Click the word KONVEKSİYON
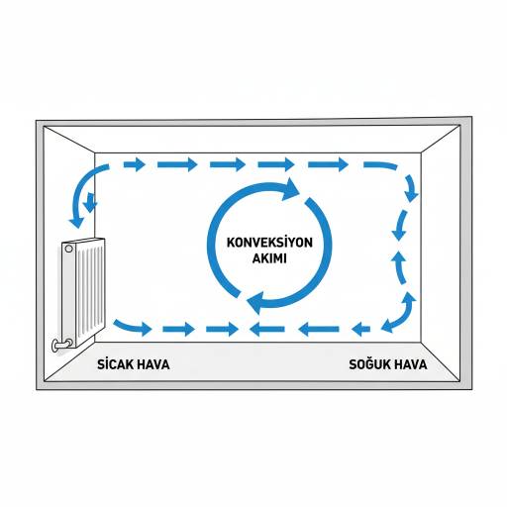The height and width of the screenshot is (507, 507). click(x=269, y=243)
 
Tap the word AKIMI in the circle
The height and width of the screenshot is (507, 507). click(x=269, y=258)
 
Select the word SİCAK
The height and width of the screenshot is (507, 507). click(x=115, y=364)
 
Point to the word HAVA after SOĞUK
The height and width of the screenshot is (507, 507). click(x=411, y=364)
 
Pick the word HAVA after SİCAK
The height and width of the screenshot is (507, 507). click(x=153, y=364)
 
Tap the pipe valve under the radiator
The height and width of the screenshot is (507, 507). click(x=62, y=345)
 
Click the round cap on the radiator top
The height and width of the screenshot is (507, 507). click(x=68, y=249)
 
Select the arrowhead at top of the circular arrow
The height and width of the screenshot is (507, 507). click(x=290, y=189)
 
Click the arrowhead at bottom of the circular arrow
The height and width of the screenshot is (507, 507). click(x=256, y=302)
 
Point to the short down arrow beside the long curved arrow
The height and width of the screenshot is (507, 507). click(x=90, y=202)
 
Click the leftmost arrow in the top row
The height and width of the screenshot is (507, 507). click(x=134, y=164)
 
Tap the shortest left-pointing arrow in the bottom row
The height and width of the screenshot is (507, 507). click(x=360, y=329)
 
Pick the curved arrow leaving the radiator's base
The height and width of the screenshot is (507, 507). click(x=132, y=326)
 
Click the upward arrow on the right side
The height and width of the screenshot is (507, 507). click(x=400, y=267)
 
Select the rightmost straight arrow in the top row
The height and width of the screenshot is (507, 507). click(x=328, y=164)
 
